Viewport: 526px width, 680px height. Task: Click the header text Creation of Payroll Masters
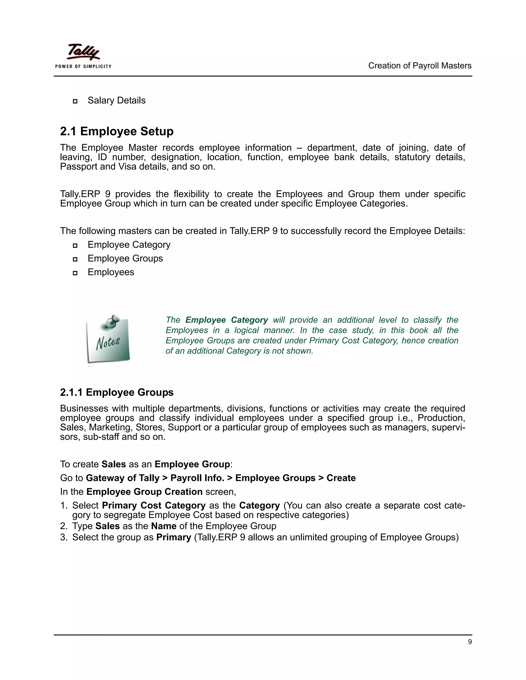click(419, 66)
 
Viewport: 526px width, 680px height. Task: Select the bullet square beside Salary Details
click(75, 101)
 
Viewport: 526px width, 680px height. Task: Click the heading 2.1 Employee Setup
click(117, 131)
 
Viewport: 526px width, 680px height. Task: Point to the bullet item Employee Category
click(129, 245)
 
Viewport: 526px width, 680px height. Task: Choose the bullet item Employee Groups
click(125, 258)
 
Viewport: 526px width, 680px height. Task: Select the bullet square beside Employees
click(75, 273)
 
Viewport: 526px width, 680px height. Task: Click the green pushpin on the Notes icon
click(112, 321)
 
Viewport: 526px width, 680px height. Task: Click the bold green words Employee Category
click(227, 320)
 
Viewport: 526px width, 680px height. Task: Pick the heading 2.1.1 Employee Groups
click(117, 392)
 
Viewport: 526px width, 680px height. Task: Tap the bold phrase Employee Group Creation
click(144, 492)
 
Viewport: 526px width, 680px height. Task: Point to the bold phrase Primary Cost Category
click(154, 505)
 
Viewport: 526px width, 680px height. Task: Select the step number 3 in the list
click(63, 537)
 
